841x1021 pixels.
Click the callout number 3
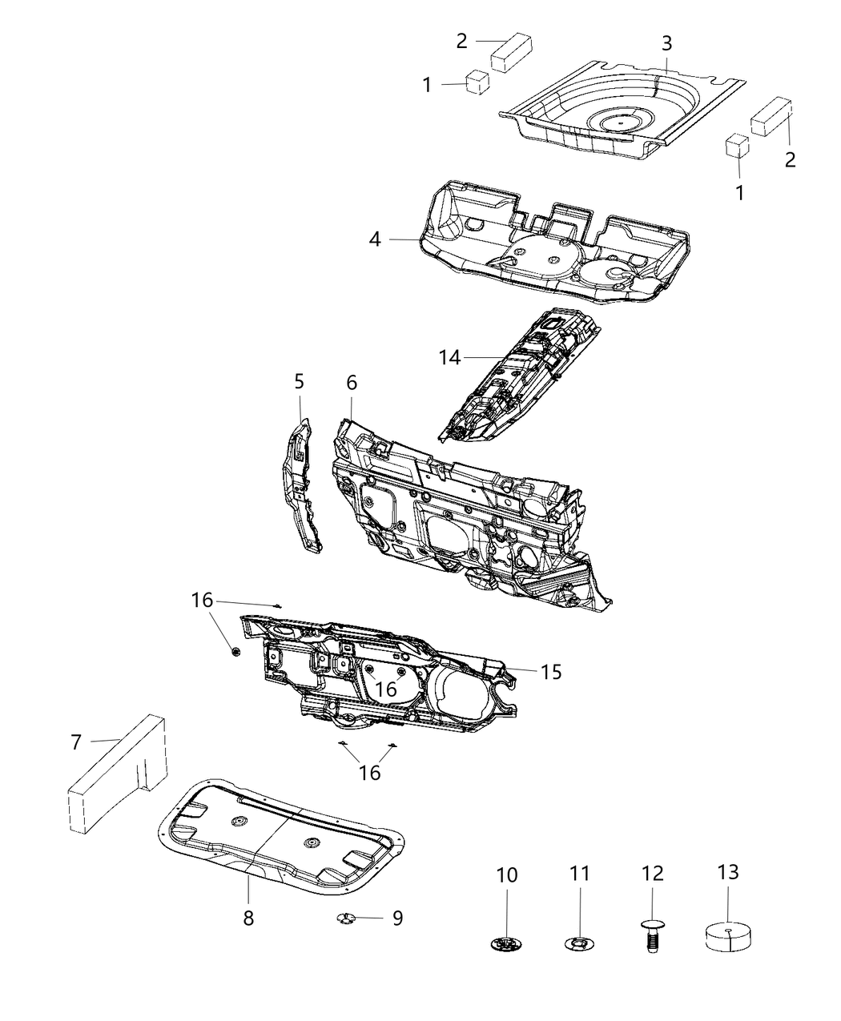[666, 43]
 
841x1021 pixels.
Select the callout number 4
[375, 239]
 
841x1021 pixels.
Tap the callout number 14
[450, 357]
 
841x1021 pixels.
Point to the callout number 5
[300, 382]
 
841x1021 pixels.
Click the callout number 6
[352, 384]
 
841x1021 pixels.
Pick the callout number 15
[551, 672]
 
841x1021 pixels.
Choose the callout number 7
[76, 742]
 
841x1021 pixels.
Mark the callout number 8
[248, 918]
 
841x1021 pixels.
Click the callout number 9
[397, 918]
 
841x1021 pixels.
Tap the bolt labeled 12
[652, 933]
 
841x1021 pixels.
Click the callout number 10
[507, 875]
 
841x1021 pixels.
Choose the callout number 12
[652, 875]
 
